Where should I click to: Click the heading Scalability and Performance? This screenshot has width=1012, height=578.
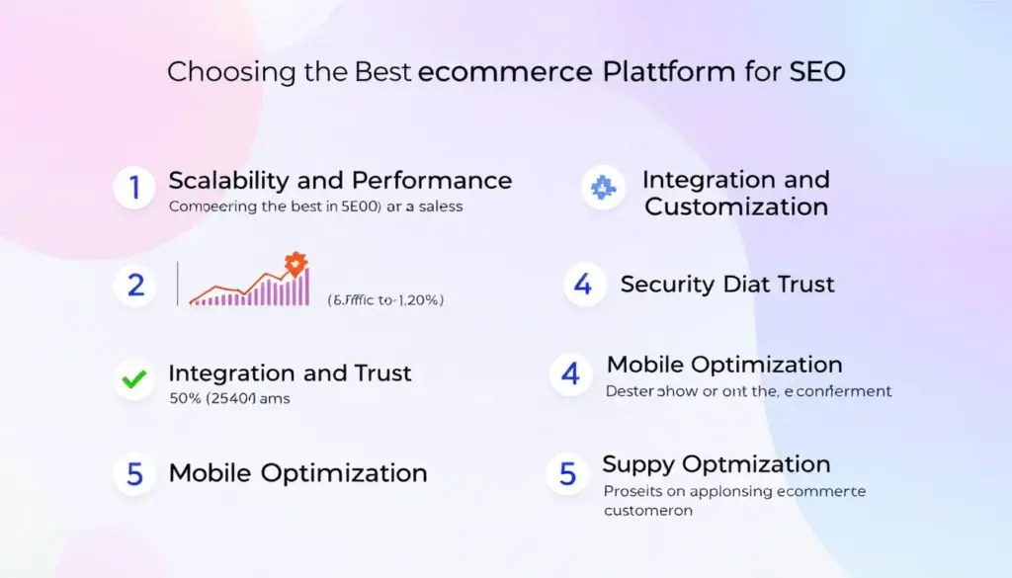click(x=340, y=180)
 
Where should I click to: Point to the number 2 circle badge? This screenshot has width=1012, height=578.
click(x=135, y=286)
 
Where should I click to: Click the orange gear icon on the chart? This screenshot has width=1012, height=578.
click(x=295, y=264)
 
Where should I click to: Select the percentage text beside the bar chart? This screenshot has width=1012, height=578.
click(x=384, y=300)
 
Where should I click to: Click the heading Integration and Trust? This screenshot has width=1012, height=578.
click(x=290, y=372)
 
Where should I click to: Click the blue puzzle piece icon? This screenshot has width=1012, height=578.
click(x=602, y=187)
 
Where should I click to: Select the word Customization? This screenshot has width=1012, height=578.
click(x=736, y=206)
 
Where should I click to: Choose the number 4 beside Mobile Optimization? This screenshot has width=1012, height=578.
click(x=570, y=374)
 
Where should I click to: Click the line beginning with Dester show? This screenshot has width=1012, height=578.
click(x=747, y=391)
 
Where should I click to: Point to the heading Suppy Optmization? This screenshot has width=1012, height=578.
click(x=716, y=464)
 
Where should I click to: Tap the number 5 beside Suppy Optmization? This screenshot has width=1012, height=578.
click(x=567, y=473)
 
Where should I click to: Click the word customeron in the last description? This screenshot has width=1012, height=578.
click(x=647, y=511)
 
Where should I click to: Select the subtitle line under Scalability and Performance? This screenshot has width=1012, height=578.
click(x=315, y=206)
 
